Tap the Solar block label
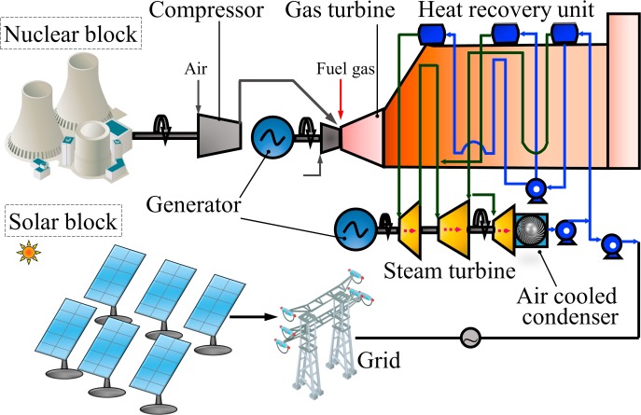[63, 223]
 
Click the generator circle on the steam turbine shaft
[355, 228]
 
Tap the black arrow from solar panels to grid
[253, 315]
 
